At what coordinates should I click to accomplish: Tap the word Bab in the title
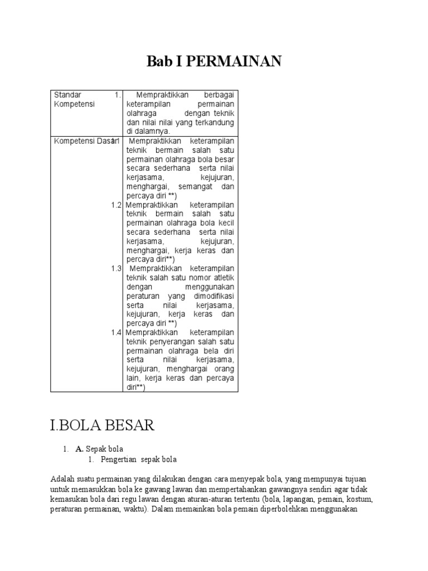(158, 61)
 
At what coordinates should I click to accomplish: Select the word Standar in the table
(67, 95)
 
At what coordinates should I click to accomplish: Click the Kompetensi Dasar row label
(81, 141)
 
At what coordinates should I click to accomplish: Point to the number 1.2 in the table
(116, 205)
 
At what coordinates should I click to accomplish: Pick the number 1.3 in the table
(116, 268)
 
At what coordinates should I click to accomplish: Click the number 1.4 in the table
(116, 332)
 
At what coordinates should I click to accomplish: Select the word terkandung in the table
(213, 122)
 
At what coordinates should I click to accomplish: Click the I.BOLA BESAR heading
(102, 425)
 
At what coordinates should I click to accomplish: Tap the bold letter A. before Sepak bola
(79, 448)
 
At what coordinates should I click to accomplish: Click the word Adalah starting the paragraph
(62, 479)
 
